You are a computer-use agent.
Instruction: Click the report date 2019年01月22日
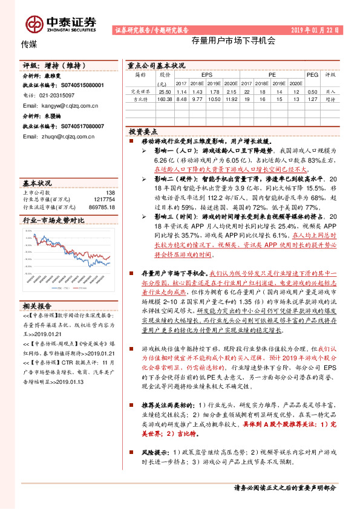pyautogui.click(x=315, y=29)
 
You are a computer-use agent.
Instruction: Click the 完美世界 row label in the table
pyautogui.click(x=140, y=91)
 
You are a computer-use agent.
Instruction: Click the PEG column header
pyautogui.click(x=312, y=75)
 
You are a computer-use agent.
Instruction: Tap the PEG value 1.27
pyautogui.click(x=312, y=99)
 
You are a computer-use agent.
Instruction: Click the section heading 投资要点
pyautogui.click(x=143, y=131)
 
